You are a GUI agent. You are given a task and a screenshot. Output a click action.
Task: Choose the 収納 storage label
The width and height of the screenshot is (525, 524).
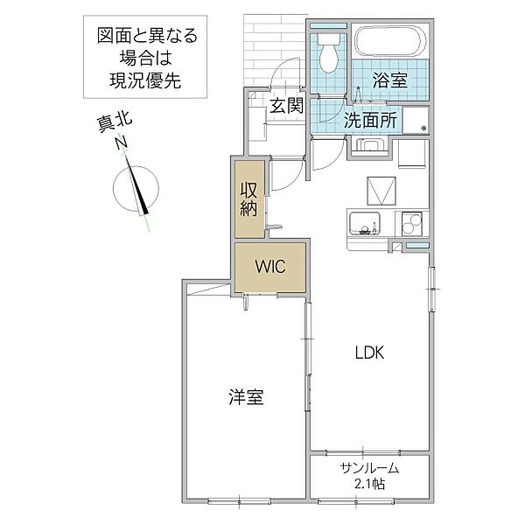tap(248, 198)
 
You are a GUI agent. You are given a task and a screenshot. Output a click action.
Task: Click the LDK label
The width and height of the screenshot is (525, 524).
tap(369, 353)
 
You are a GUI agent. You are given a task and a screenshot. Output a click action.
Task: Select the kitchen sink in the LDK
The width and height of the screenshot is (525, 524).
tap(363, 223)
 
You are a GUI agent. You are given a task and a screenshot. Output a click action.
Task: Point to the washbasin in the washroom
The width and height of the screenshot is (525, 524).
tap(369, 145)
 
